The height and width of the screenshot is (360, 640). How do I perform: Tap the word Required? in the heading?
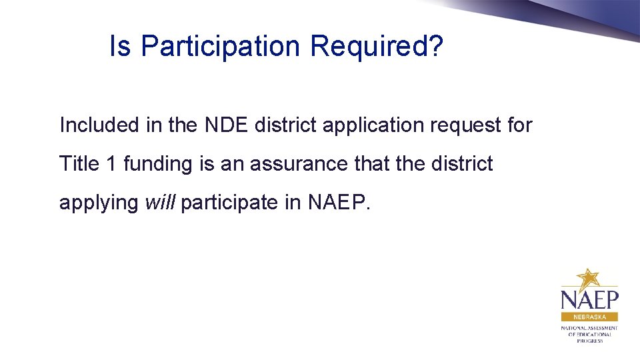coord(376,47)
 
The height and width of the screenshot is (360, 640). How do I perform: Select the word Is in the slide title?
coord(120,47)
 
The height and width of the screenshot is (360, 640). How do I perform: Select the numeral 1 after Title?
coord(111,163)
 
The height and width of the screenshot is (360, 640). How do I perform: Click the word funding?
coord(157,165)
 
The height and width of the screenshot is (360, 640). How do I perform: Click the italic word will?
coord(159,202)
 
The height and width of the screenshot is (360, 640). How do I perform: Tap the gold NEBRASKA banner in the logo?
coord(589,317)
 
